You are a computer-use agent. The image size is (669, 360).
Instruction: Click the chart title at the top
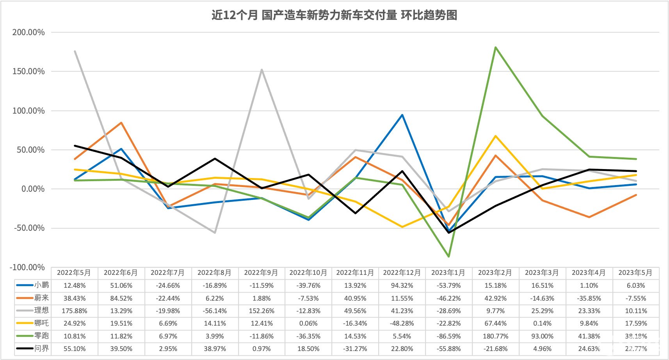[334, 15]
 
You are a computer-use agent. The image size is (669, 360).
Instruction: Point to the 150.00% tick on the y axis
[28, 71]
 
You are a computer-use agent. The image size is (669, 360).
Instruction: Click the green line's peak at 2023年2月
[495, 48]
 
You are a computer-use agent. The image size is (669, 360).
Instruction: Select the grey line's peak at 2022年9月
[262, 70]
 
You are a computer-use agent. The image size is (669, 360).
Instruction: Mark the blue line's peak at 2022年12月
[402, 115]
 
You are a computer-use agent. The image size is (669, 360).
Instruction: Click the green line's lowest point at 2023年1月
[449, 257]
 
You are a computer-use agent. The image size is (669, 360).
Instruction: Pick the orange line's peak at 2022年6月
[121, 123]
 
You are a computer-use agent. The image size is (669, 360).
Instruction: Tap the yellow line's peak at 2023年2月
[495, 136]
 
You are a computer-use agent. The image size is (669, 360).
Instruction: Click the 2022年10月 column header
[308, 273]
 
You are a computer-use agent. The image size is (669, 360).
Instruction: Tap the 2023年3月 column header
[542, 273]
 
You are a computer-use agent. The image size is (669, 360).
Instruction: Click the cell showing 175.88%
[75, 311]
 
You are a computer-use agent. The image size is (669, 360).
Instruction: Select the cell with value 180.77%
[495, 336]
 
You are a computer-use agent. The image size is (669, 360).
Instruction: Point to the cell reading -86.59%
[449, 336]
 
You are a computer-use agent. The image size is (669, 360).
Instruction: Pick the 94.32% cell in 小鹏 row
[402, 285]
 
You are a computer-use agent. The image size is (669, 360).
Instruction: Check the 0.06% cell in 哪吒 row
[308, 323]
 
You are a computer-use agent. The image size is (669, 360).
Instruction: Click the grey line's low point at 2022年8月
[215, 233]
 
